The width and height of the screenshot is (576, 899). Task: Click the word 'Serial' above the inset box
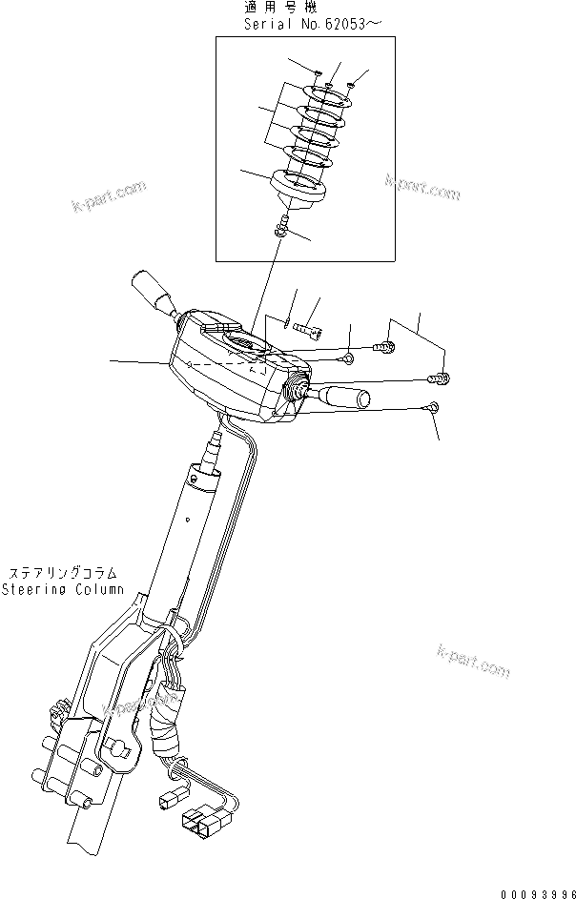point(268,26)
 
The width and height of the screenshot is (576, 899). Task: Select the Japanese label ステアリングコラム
point(63,573)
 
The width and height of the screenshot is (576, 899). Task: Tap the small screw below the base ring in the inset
point(281,229)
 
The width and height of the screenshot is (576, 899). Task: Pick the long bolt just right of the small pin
point(309,330)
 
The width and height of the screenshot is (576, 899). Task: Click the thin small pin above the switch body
point(285,320)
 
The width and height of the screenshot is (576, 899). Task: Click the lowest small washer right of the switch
point(432,409)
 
